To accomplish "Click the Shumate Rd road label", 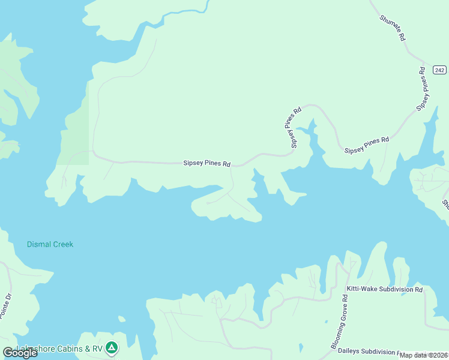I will pyautogui.click(x=393, y=28).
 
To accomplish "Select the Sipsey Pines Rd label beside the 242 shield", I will pyautogui.click(x=424, y=88).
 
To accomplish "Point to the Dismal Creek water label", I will pyautogui.click(x=50, y=244).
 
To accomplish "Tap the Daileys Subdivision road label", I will pyautogui.click(x=367, y=352).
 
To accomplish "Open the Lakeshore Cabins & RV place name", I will pyautogui.click(x=60, y=349).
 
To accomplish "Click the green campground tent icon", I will pyautogui.click(x=111, y=347).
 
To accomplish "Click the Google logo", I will pyautogui.click(x=20, y=352).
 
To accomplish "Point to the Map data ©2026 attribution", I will pyautogui.click(x=424, y=355).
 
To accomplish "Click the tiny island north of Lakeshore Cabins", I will pyautogui.click(x=122, y=319).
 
